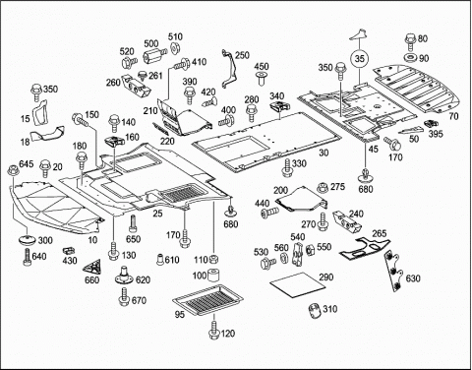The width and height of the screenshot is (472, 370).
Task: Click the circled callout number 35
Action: pyautogui.click(x=360, y=59)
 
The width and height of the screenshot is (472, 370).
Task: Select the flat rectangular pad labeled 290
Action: pyautogui.click(x=298, y=284)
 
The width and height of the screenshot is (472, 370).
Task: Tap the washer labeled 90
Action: pyautogui.click(x=410, y=58)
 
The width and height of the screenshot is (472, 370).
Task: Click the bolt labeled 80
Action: pyautogui.click(x=410, y=41)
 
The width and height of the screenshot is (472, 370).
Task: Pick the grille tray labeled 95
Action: pyautogui.click(x=207, y=300)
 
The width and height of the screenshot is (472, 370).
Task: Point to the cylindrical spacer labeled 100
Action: pyautogui.click(x=214, y=276)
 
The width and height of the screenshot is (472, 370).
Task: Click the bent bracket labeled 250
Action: pyautogui.click(x=229, y=69)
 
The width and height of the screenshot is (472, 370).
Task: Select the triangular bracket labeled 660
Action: pyautogui.click(x=92, y=267)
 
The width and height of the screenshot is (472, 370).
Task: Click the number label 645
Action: pyautogui.click(x=27, y=163)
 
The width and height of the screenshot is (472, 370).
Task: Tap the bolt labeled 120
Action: pyautogui.click(x=214, y=332)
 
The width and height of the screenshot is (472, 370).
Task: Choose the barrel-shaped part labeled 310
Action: pyautogui.click(x=315, y=310)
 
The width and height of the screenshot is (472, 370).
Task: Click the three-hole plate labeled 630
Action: pyautogui.click(x=394, y=271)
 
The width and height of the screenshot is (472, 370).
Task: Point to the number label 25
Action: pyautogui.click(x=157, y=214)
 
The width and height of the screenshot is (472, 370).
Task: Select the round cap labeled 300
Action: pyautogui.click(x=27, y=240)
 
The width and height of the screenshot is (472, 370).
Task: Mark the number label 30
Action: pyautogui.click(x=324, y=153)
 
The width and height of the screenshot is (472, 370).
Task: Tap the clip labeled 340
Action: pyautogui.click(x=280, y=105)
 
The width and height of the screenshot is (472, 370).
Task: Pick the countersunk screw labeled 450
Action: pyautogui.click(x=262, y=79)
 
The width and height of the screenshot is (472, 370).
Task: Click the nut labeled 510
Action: pyautogui.click(x=176, y=48)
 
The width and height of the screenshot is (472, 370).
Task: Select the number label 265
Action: pyautogui.click(x=379, y=233)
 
